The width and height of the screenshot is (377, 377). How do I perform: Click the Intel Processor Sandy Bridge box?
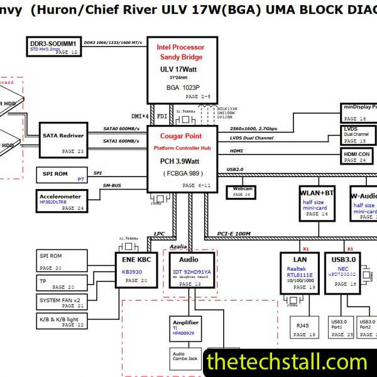180,69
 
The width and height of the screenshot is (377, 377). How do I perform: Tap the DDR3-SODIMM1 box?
54,47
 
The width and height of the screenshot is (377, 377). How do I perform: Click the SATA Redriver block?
63,139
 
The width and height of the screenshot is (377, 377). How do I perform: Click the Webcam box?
243,192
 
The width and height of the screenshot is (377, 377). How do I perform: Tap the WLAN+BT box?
317,202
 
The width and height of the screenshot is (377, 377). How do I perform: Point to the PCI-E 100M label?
234,234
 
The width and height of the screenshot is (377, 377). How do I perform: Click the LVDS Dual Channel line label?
251,138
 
